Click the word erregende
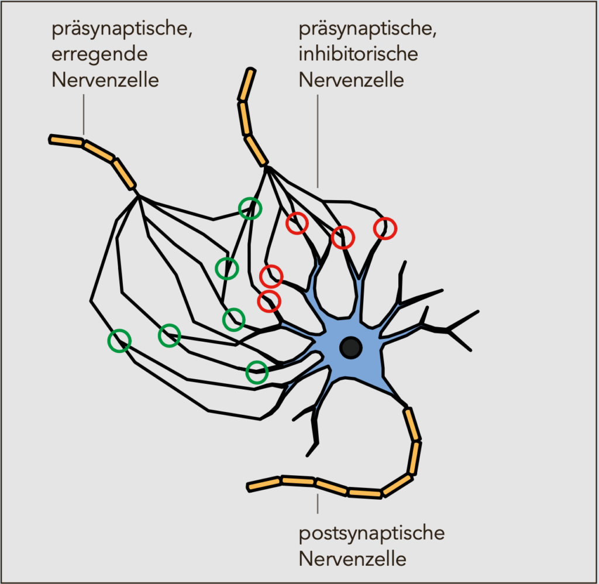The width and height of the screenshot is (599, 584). pyautogui.click(x=99, y=54)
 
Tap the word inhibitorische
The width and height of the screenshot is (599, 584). pyautogui.click(x=359, y=54)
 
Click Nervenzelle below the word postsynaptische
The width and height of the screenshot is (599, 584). pyautogui.click(x=352, y=559)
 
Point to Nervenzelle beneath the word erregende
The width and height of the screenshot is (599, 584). pyautogui.click(x=105, y=80)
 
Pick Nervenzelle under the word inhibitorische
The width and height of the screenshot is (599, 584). pyautogui.click(x=352, y=80)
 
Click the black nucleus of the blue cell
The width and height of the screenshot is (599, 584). pyautogui.click(x=351, y=348)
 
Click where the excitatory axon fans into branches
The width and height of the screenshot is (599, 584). pyautogui.click(x=138, y=195)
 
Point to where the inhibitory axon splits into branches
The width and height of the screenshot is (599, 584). pyautogui.click(x=266, y=167)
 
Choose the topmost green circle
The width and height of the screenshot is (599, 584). pyautogui.click(x=250, y=208)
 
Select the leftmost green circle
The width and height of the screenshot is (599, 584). pyautogui.click(x=119, y=340)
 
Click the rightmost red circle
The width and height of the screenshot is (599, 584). pyautogui.click(x=385, y=228)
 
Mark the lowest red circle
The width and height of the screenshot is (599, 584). pyautogui.click(x=269, y=301)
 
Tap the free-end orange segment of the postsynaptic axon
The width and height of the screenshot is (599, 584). pyautogui.click(x=264, y=484)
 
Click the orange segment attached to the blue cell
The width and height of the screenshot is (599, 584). pyautogui.click(x=412, y=424)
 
